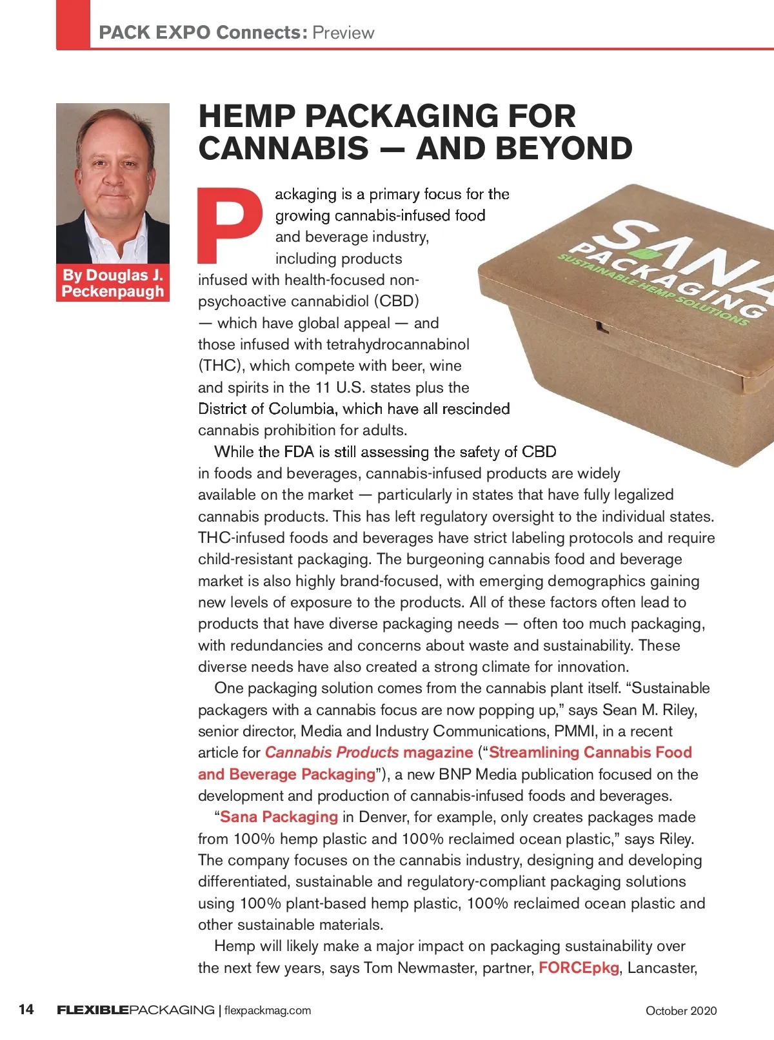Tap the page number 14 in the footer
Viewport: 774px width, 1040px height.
[26, 1009]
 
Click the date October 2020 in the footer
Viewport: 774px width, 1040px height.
[681, 1010]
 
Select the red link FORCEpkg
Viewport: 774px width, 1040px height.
[579, 968]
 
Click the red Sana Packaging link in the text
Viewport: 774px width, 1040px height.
[279, 817]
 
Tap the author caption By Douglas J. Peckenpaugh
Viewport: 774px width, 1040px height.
[113, 283]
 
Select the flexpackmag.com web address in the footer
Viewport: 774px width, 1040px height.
[268, 1010]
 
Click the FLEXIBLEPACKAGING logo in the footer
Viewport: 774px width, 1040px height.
[135, 1010]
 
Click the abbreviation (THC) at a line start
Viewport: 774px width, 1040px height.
[221, 366]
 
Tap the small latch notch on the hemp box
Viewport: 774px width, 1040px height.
[602, 326]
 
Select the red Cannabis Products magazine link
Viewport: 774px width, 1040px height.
[368, 752]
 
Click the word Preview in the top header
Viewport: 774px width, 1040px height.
[343, 33]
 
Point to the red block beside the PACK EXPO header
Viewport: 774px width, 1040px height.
[73, 25]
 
